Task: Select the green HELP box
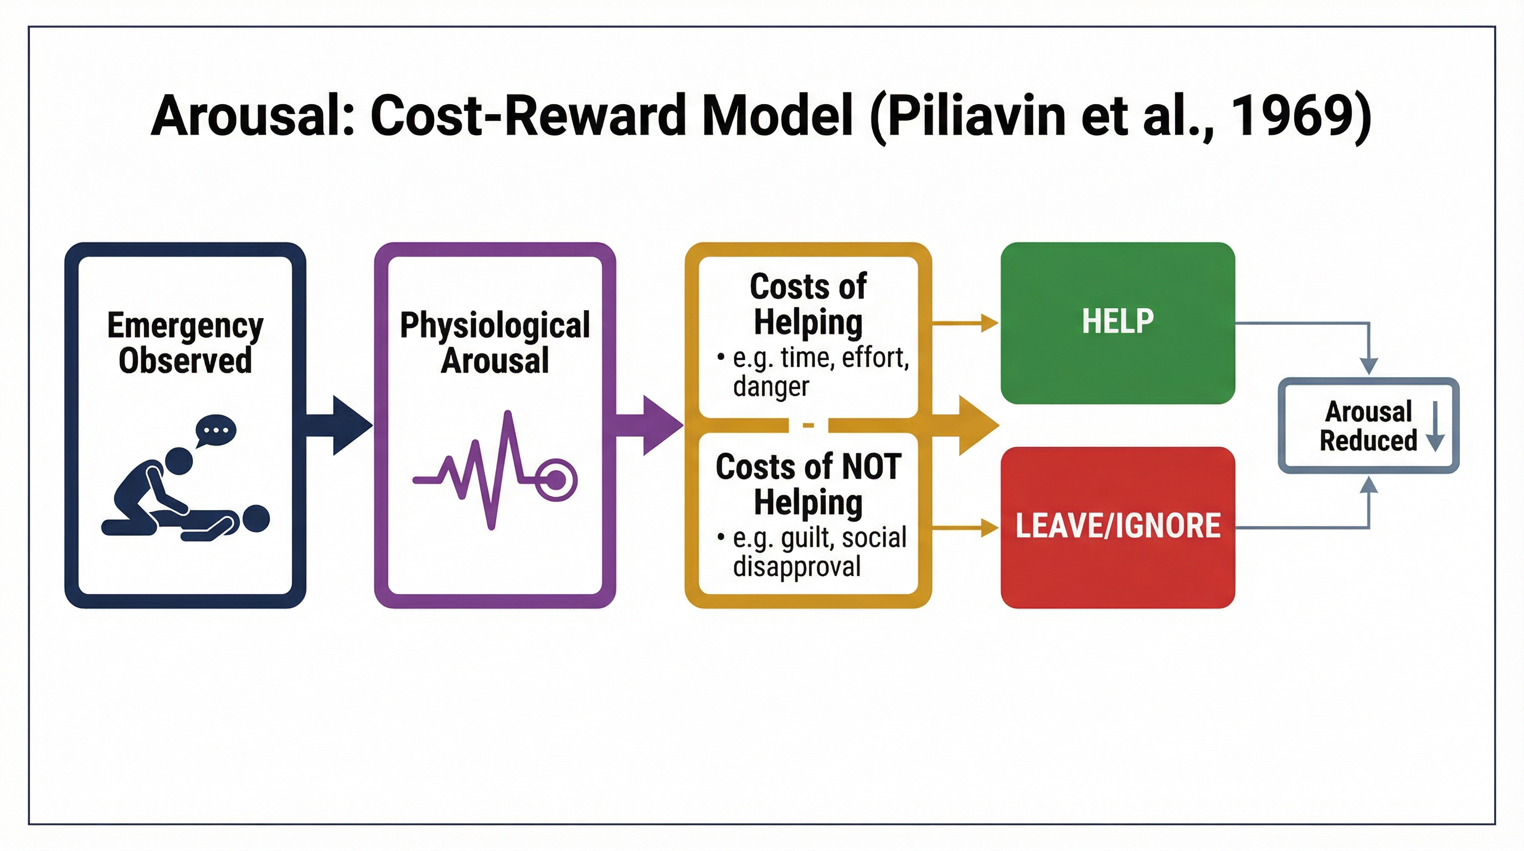point(1117,322)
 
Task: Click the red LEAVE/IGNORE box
point(1117,527)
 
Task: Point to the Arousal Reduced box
point(1368,425)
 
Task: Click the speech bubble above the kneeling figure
point(215,430)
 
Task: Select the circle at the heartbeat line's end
point(556,479)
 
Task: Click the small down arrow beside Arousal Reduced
point(1435,426)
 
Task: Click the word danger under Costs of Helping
point(770,387)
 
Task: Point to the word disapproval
point(796,567)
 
